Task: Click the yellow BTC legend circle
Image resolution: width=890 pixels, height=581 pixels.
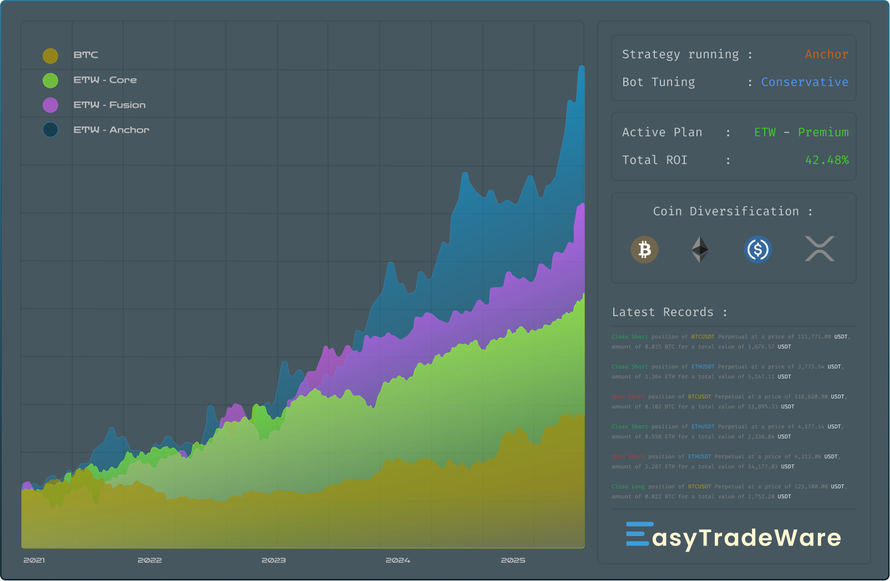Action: (x=50, y=55)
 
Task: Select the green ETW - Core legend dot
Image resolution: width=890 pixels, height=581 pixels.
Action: (x=50, y=80)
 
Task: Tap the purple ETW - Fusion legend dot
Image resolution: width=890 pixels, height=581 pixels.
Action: (x=50, y=105)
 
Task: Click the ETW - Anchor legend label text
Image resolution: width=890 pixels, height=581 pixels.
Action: (x=111, y=130)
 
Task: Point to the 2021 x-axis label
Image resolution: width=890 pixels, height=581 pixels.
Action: (x=34, y=560)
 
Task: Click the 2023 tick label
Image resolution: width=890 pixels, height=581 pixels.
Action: (x=273, y=560)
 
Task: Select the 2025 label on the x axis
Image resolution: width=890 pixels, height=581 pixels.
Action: (x=513, y=560)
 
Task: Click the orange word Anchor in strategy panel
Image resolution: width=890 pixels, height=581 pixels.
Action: (x=826, y=54)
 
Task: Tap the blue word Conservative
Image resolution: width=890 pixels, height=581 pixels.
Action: (x=804, y=82)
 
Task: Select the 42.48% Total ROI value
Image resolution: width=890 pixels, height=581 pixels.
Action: (x=826, y=160)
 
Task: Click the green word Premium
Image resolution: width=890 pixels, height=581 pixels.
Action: (x=823, y=133)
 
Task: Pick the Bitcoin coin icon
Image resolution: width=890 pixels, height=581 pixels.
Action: (x=644, y=250)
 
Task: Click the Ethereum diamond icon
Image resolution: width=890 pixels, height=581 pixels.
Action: (x=700, y=250)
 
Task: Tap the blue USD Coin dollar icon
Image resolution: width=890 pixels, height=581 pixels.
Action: (x=757, y=250)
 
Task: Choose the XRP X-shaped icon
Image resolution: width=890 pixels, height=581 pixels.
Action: (x=819, y=249)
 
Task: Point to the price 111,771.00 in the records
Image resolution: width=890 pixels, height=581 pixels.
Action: (x=814, y=337)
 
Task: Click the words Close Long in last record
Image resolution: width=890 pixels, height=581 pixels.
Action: (x=628, y=487)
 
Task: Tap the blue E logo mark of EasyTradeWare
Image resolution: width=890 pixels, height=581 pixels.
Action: (x=637, y=534)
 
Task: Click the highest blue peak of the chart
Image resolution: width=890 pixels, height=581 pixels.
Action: (x=582, y=68)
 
